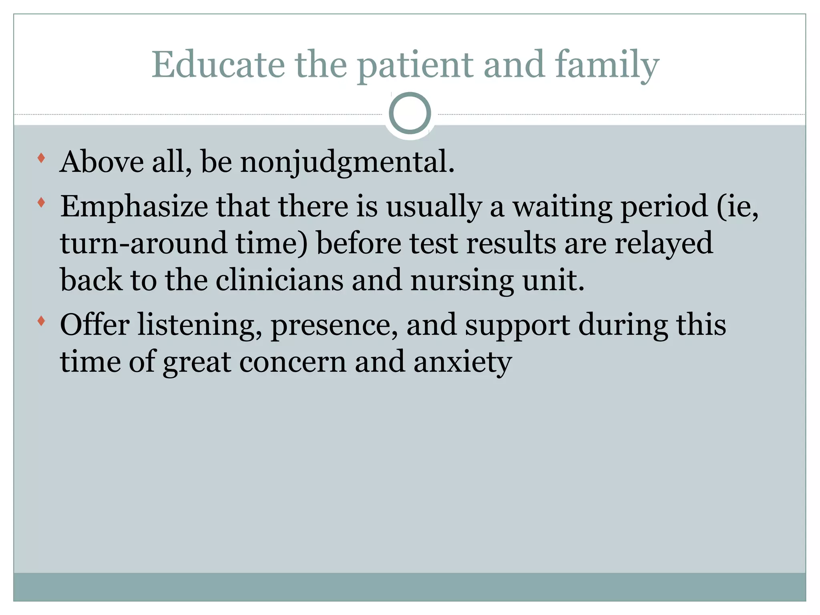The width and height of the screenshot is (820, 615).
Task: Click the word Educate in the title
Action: (x=218, y=65)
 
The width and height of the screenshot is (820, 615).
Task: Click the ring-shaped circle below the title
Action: (x=410, y=113)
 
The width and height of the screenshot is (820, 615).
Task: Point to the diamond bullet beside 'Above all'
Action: (x=41, y=158)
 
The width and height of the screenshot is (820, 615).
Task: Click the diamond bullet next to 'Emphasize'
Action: (x=41, y=203)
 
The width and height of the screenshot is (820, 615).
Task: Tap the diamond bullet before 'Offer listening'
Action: (x=41, y=321)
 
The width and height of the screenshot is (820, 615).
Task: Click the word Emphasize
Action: (x=134, y=207)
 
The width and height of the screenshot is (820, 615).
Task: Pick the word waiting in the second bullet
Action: (x=562, y=207)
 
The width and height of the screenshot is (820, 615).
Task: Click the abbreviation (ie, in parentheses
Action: (x=737, y=207)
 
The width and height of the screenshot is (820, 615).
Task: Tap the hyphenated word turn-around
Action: (x=144, y=243)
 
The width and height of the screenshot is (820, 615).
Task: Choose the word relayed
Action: (x=663, y=243)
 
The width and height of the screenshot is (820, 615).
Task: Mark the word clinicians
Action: (x=279, y=280)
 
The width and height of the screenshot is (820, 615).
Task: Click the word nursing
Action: (x=462, y=280)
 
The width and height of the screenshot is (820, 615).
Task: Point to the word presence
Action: (x=334, y=325)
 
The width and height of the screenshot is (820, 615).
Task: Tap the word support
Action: (x=517, y=325)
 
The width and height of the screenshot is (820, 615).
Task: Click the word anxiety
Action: (x=462, y=362)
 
